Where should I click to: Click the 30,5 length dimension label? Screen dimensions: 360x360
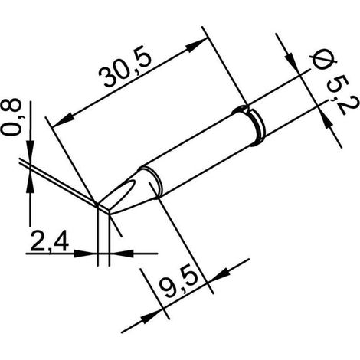125,70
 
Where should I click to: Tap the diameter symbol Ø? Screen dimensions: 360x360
323,60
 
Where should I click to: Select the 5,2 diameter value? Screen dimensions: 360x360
340,96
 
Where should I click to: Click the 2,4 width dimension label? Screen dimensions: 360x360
49,241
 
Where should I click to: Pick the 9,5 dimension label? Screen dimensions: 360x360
179,285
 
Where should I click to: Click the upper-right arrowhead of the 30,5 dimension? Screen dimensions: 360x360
196,45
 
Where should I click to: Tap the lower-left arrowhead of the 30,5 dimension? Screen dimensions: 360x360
61,120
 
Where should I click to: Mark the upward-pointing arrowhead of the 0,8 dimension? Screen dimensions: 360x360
31,182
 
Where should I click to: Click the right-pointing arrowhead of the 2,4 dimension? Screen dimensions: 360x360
86,254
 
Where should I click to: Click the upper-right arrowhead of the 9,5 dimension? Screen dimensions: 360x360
220,274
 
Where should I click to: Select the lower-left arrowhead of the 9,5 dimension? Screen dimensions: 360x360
152,316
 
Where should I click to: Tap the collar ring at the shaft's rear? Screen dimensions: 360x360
257,127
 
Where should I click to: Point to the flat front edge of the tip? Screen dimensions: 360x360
103,208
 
